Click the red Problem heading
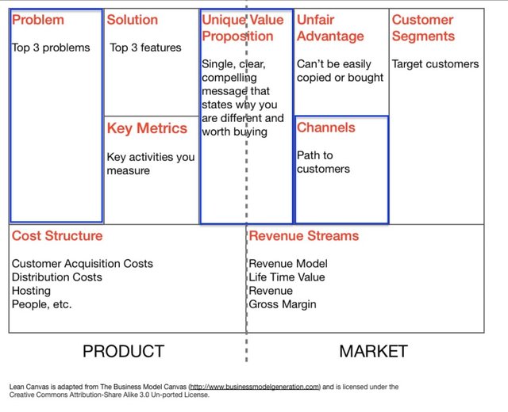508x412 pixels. [38, 20]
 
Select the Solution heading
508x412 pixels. [133, 20]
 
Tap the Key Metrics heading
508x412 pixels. [147, 128]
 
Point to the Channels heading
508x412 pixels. [326, 128]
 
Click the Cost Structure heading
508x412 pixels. [57, 236]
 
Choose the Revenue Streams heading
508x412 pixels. [304, 236]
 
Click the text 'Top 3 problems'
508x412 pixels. [51, 48]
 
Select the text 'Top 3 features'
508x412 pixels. [145, 48]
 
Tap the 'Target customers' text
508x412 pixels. [435, 64]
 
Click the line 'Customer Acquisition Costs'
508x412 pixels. [83, 264]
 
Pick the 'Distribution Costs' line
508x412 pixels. [56, 277]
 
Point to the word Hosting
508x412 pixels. [31, 291]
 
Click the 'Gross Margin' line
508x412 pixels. [283, 304]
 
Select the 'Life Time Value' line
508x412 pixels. [287, 277]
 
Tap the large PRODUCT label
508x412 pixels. [124, 351]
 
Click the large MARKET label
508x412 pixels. [374, 351]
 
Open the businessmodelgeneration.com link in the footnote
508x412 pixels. [255, 387]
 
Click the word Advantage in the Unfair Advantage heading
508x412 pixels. [330, 36]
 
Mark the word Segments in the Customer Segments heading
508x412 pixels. [423, 36]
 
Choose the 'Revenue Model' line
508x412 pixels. [288, 264]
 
